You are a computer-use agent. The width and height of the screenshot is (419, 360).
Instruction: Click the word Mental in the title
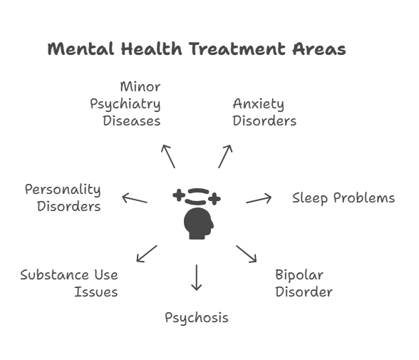coord(81,49)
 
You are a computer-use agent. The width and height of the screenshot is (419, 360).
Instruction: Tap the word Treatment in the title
coord(237,49)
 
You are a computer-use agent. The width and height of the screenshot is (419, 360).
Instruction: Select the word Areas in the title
coord(319,49)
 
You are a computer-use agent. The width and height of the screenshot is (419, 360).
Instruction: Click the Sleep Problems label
coord(343,198)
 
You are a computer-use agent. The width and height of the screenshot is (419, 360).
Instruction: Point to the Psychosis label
coord(197,319)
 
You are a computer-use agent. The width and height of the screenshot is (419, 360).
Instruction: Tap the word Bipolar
coord(299,275)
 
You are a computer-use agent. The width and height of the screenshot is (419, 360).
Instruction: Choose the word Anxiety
coord(259,104)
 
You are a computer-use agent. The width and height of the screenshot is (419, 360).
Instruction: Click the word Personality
coord(63,190)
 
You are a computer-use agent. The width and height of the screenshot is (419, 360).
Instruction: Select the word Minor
coord(140,86)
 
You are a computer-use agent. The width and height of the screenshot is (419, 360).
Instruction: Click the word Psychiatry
coord(125,104)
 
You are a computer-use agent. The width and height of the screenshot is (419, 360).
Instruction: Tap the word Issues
coord(96,292)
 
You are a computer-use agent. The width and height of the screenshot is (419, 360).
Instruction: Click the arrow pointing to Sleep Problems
coord(259,199)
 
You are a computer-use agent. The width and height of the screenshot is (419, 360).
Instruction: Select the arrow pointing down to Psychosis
coord(197,277)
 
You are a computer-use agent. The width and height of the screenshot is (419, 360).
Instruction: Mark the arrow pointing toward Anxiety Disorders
coord(225,156)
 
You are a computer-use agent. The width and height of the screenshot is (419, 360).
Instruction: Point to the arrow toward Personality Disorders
coord(135,199)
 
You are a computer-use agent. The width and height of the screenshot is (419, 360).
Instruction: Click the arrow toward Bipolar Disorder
coord(246,254)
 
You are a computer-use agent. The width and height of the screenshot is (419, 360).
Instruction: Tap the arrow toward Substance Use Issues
coord(147,254)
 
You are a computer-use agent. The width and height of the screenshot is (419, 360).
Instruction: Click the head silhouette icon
coord(198,224)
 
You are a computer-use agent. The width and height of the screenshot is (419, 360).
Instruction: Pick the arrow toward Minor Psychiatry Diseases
coord(168,156)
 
